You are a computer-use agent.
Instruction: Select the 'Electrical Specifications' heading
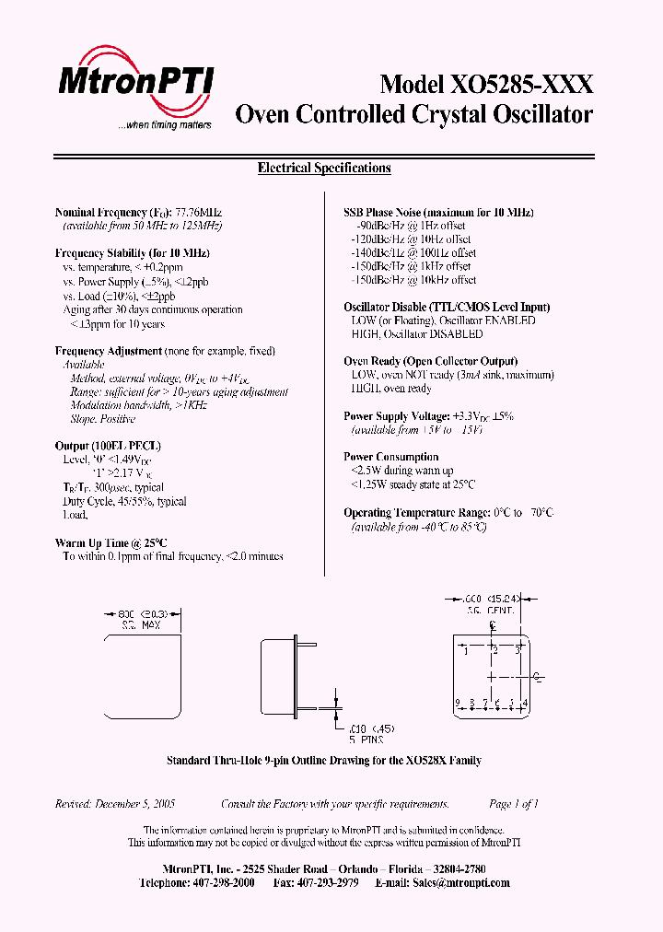coord(324,169)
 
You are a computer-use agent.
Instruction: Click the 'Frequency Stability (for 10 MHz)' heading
coord(133,253)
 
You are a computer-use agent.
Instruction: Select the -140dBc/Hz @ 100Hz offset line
coord(413,252)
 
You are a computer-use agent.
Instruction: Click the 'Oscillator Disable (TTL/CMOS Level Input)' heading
coord(447,307)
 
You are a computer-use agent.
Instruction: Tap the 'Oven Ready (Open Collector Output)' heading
coord(430,361)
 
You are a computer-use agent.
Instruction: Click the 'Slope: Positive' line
coord(102,419)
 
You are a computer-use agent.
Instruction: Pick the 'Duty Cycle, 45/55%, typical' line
coord(124,502)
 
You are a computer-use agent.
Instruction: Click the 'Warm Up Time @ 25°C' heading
coord(111,543)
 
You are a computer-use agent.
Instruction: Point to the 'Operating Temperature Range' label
coord(412,513)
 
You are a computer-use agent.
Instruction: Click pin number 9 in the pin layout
coord(458,704)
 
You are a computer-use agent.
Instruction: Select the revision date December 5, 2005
coord(134,804)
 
